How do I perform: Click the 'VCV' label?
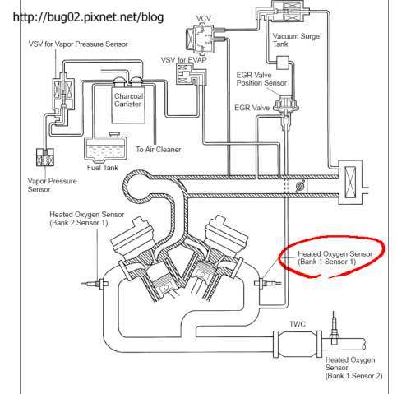pyautogui.click(x=203, y=17)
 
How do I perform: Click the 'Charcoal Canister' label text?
pyautogui.click(x=132, y=100)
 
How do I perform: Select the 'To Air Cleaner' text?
pyautogui.click(x=159, y=150)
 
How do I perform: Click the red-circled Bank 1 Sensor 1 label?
pyautogui.click(x=335, y=259)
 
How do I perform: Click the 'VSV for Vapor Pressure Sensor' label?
pyautogui.click(x=72, y=43)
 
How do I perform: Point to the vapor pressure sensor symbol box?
pyautogui.click(x=38, y=155)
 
